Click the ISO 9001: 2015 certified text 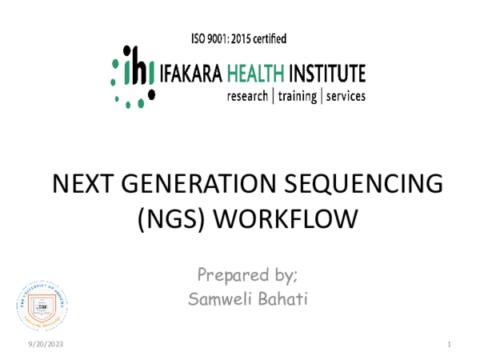tap(239, 38)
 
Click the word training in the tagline tap(297, 96)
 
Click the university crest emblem tap(37, 305)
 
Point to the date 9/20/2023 tap(44, 344)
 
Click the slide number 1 tap(450, 344)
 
